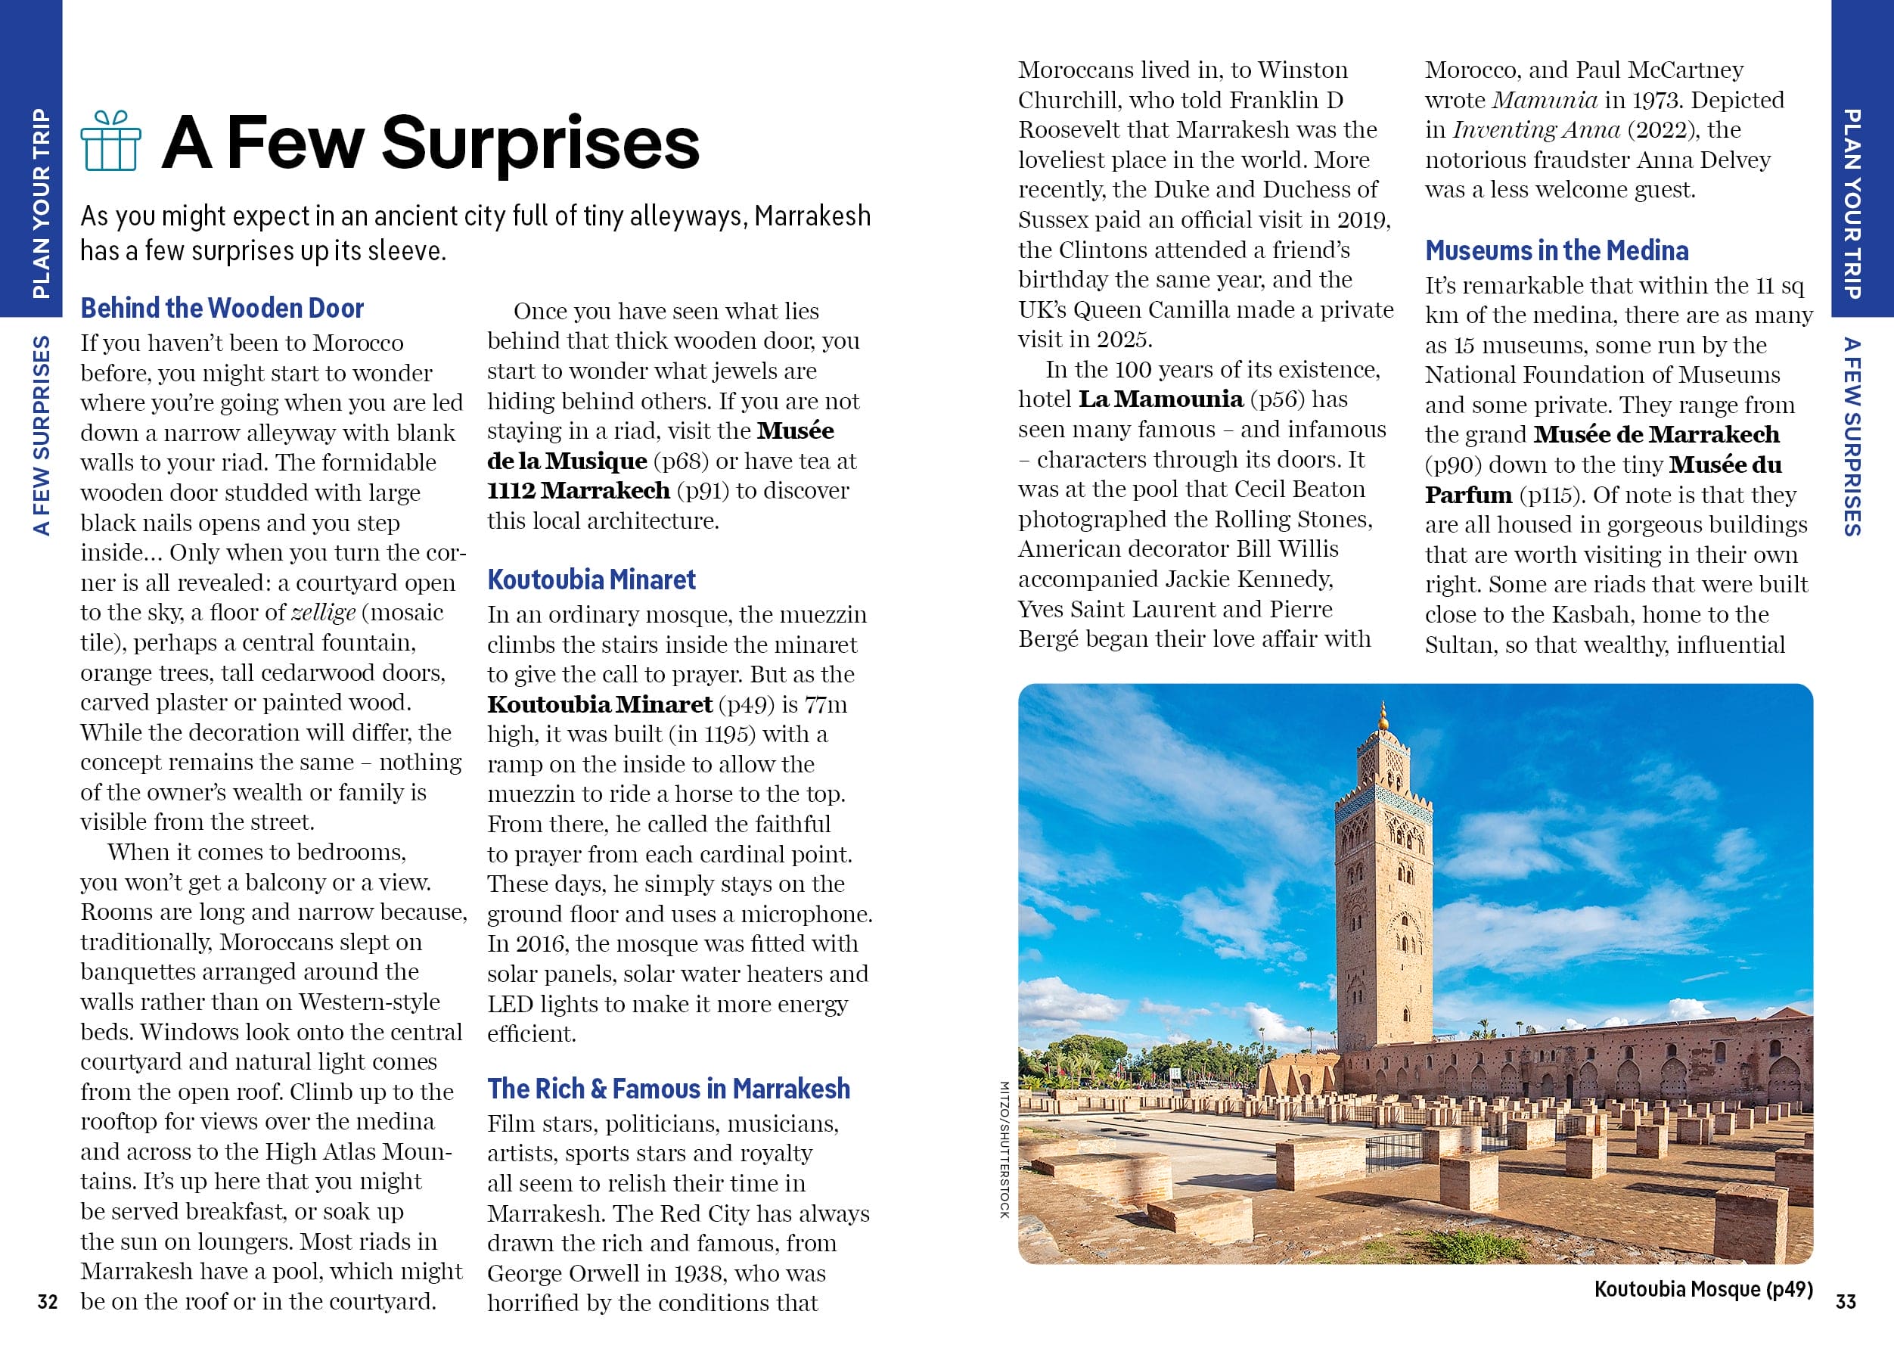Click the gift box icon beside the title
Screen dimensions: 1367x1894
pos(111,141)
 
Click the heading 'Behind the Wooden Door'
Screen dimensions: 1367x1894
pos(222,308)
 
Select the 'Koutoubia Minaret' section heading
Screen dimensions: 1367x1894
pos(591,579)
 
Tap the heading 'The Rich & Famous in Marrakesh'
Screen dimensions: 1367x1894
pos(668,1089)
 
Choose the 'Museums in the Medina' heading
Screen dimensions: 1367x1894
pos(1557,250)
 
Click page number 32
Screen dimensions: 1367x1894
pos(48,1302)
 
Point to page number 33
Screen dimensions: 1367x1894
pos(1846,1302)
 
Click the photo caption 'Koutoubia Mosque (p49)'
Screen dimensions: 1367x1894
pos(1703,1289)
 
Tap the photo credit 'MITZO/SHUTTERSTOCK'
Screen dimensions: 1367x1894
pos(1004,1149)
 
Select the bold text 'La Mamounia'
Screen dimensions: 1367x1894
pos(1160,399)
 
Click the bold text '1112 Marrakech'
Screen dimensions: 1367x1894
pos(579,490)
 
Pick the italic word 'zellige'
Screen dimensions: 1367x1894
pos(323,612)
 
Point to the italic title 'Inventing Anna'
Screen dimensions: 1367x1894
pos(1535,130)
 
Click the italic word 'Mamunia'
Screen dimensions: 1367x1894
pos(1544,100)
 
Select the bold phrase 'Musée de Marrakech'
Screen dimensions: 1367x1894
pos(1656,434)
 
